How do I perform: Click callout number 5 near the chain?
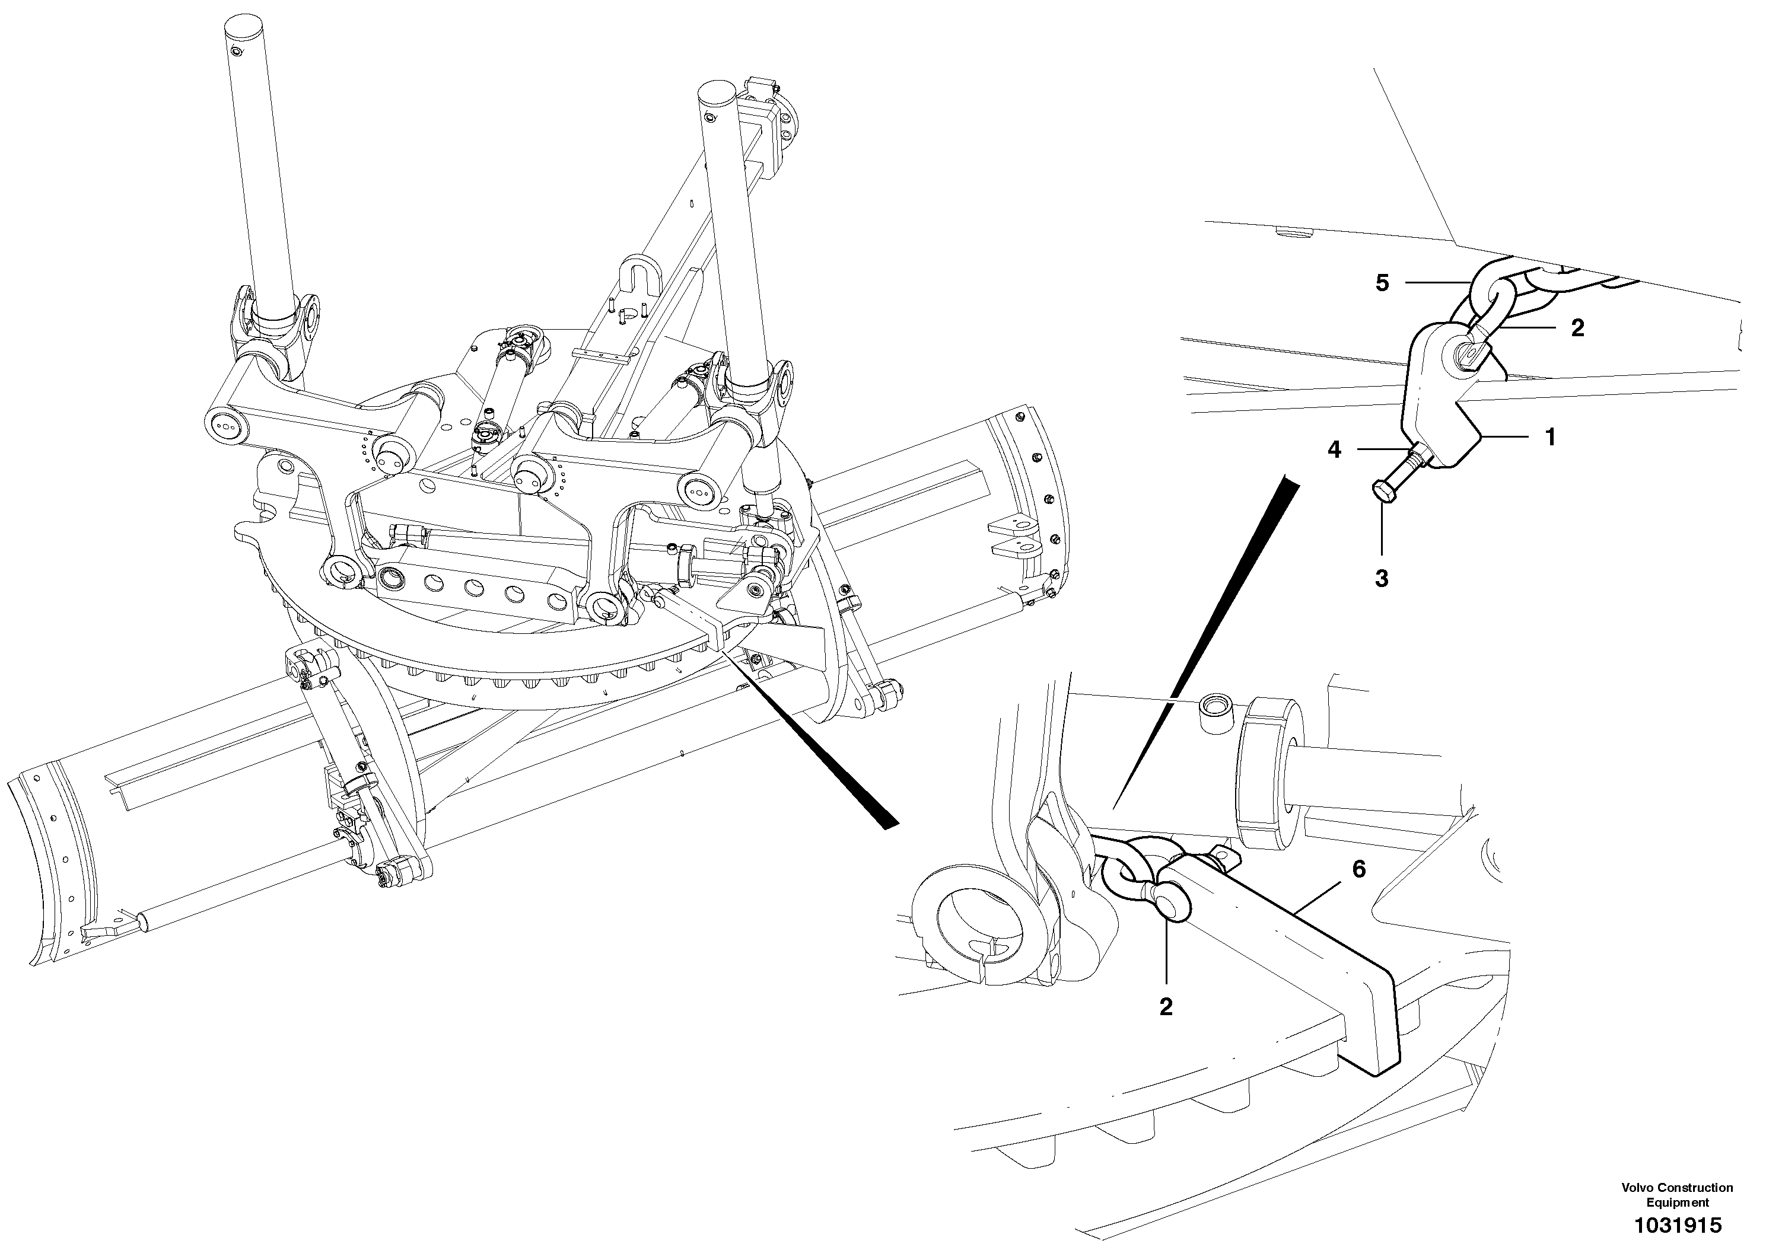[1382, 283]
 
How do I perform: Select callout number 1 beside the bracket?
[1551, 438]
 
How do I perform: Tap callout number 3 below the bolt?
[1382, 579]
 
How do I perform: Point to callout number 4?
[1335, 449]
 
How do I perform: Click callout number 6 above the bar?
[1359, 869]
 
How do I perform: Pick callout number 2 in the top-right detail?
[1577, 329]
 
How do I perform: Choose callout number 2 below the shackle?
[1166, 1007]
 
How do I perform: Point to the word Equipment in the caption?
[1677, 1203]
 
